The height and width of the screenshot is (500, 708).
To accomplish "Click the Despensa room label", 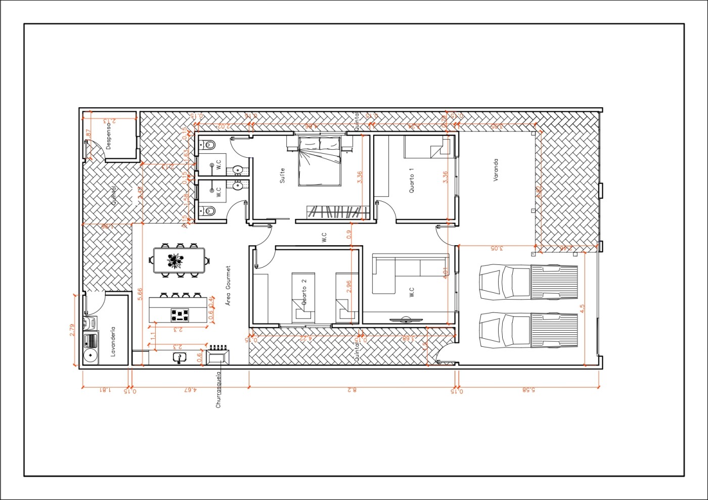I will [108, 136].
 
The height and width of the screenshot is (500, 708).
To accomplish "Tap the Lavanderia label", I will [113, 342].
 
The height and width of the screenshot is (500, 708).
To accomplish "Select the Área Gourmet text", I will [228, 286].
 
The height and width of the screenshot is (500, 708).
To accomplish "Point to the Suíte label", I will [282, 175].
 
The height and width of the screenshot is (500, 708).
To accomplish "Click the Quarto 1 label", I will [411, 180].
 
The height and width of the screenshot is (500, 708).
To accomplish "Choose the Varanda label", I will [496, 170].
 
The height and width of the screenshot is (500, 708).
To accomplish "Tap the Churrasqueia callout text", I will [218, 390].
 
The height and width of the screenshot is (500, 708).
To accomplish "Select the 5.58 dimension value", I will [528, 390].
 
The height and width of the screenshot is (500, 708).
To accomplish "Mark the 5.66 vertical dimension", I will [140, 294].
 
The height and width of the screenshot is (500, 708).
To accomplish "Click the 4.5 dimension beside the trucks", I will [582, 309].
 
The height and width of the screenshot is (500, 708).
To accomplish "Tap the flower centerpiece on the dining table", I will [175, 261].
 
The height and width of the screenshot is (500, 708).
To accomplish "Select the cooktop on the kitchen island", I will [181, 315].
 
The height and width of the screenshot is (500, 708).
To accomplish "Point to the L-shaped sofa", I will [392, 273].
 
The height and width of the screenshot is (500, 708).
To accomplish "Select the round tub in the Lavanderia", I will [91, 356].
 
